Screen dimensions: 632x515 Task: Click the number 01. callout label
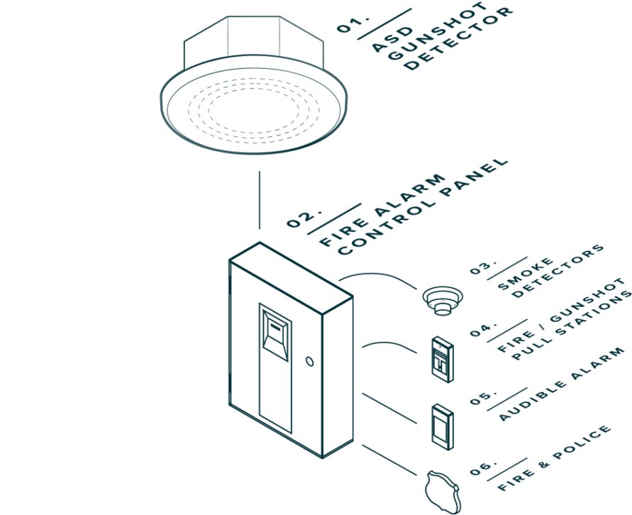tap(353, 24)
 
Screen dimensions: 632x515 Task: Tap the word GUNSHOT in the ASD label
tap(438, 31)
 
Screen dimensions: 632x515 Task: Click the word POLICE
tap(582, 442)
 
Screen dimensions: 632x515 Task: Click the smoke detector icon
tap(443, 301)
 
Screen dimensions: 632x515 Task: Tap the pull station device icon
tap(442, 359)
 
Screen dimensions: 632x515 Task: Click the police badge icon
tap(443, 492)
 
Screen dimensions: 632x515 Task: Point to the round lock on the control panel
tap(309, 360)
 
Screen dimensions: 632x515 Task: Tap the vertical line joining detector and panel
tap(260, 200)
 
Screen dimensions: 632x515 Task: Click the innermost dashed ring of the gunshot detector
tap(254, 110)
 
